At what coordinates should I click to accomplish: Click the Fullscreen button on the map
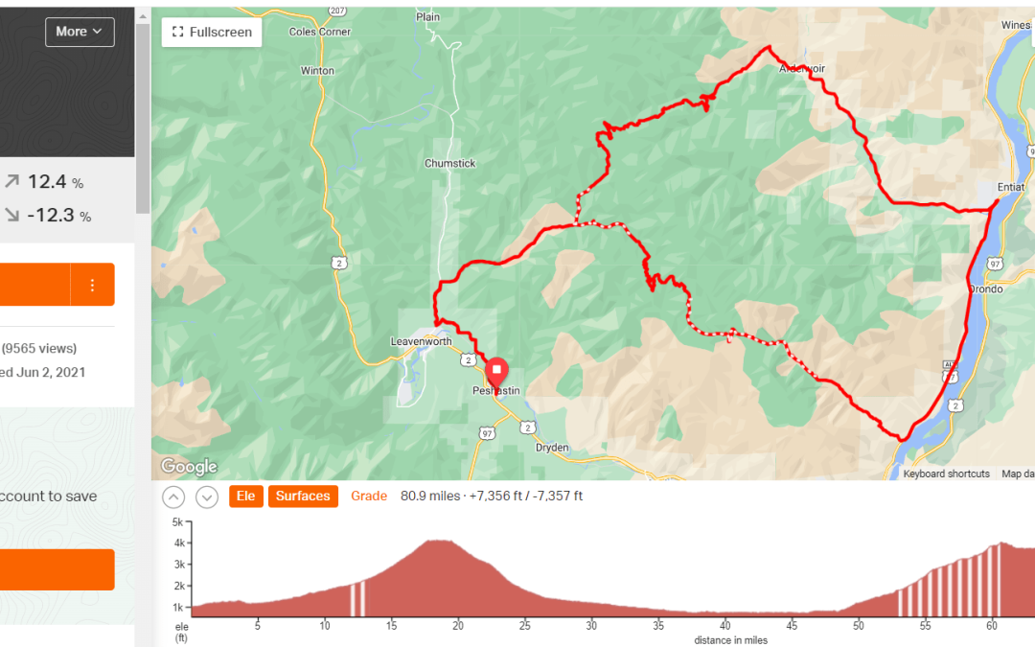[212, 32]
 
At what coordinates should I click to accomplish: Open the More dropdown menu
[80, 32]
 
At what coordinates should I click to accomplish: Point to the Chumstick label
[449, 164]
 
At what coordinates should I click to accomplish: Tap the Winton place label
[317, 71]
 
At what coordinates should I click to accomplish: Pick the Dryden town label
[552, 448]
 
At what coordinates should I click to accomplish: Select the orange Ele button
[246, 497]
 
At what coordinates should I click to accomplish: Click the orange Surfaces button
[303, 497]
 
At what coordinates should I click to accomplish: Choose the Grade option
[369, 497]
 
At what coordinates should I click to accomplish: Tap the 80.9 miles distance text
[429, 497]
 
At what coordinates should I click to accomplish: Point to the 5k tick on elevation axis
[177, 523]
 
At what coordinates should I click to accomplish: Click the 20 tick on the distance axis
[458, 627]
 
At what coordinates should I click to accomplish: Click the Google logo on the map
[189, 467]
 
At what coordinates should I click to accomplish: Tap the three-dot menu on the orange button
[93, 285]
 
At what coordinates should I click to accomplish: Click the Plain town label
[427, 17]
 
